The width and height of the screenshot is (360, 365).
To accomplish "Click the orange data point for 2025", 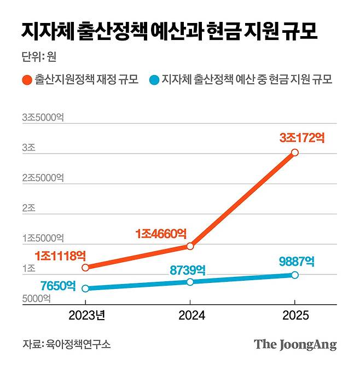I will (294, 152).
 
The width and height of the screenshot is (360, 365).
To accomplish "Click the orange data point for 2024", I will (190, 246).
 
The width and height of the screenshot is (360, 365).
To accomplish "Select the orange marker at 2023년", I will (85, 268).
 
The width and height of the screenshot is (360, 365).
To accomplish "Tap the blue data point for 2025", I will (294, 275).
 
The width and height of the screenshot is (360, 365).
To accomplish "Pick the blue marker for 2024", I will (190, 282).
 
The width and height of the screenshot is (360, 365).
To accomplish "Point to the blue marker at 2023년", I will (85, 288).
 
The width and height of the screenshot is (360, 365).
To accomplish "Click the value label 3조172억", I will (302, 138).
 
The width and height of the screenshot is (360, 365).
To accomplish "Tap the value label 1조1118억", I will (60, 256).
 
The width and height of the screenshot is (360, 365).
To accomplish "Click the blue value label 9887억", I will (297, 260).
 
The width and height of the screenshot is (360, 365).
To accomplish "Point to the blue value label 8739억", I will (188, 269).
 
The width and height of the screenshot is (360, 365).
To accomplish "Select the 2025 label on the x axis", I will (295, 316).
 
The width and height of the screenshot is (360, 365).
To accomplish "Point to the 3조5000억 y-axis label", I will (43, 118).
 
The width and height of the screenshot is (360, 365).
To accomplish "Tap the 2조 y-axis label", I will (28, 208).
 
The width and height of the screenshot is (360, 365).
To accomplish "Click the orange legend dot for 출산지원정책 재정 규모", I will (27, 80).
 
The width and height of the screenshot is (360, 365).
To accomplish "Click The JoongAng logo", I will (295, 345).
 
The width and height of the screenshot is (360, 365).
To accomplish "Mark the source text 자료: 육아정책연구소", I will (66, 345).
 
